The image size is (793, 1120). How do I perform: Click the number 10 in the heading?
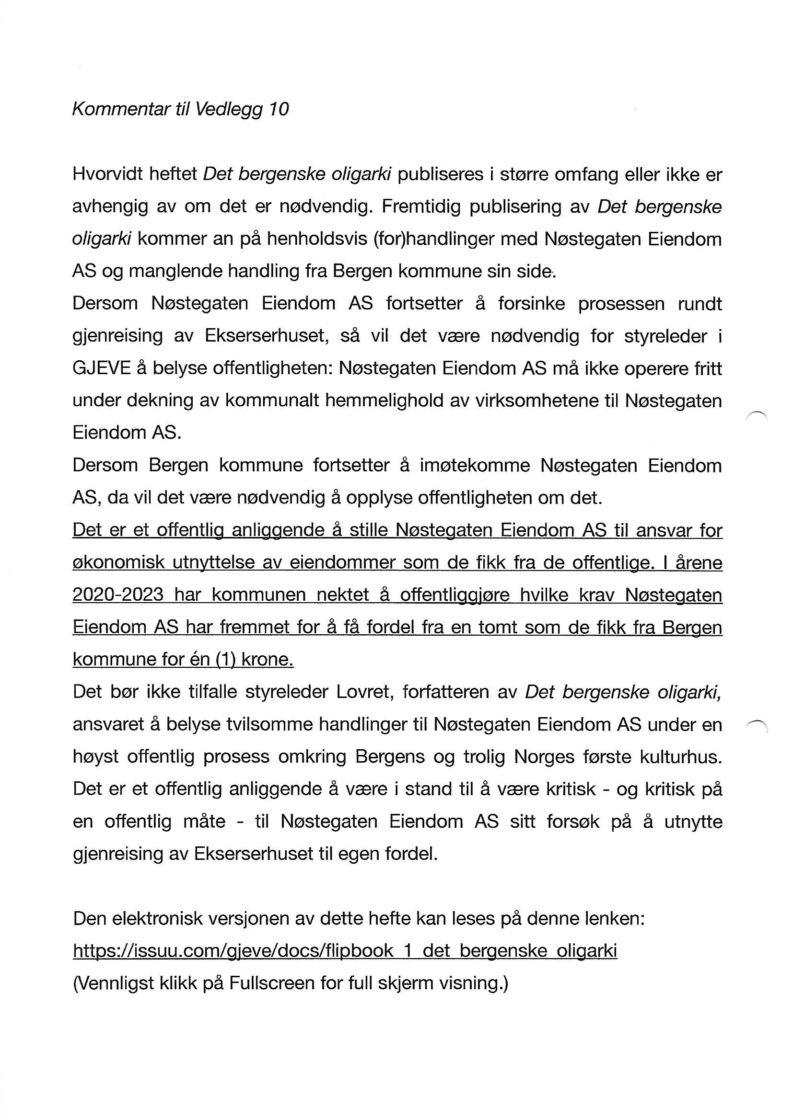[x=279, y=109]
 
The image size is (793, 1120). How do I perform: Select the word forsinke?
[x=531, y=303]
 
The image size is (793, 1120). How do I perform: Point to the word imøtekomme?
[x=475, y=465]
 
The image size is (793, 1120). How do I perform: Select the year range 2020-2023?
[x=117, y=595]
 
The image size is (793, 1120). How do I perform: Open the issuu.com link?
[x=345, y=951]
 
